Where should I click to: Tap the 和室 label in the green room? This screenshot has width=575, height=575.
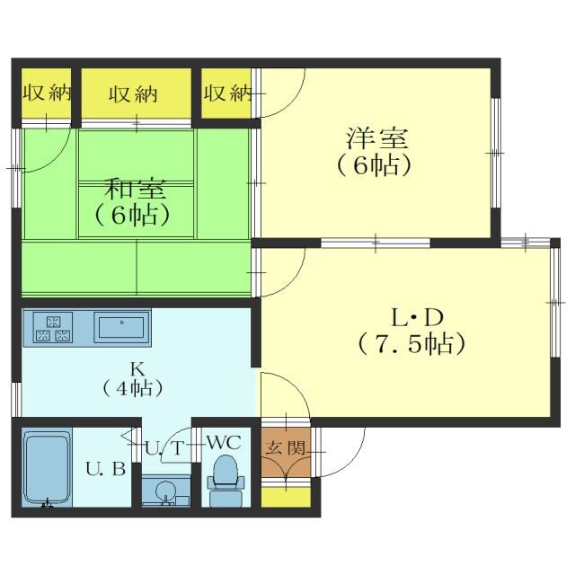(135, 189)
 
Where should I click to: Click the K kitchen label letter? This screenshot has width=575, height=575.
(137, 367)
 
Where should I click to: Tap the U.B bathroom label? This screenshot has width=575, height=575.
(105, 469)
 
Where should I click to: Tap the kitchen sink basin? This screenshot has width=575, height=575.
(122, 326)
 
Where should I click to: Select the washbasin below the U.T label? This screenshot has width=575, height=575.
(166, 492)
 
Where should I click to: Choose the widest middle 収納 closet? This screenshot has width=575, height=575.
(136, 93)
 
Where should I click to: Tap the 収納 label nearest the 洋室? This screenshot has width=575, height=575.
(226, 93)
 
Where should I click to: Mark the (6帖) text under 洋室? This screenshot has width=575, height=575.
(376, 165)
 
